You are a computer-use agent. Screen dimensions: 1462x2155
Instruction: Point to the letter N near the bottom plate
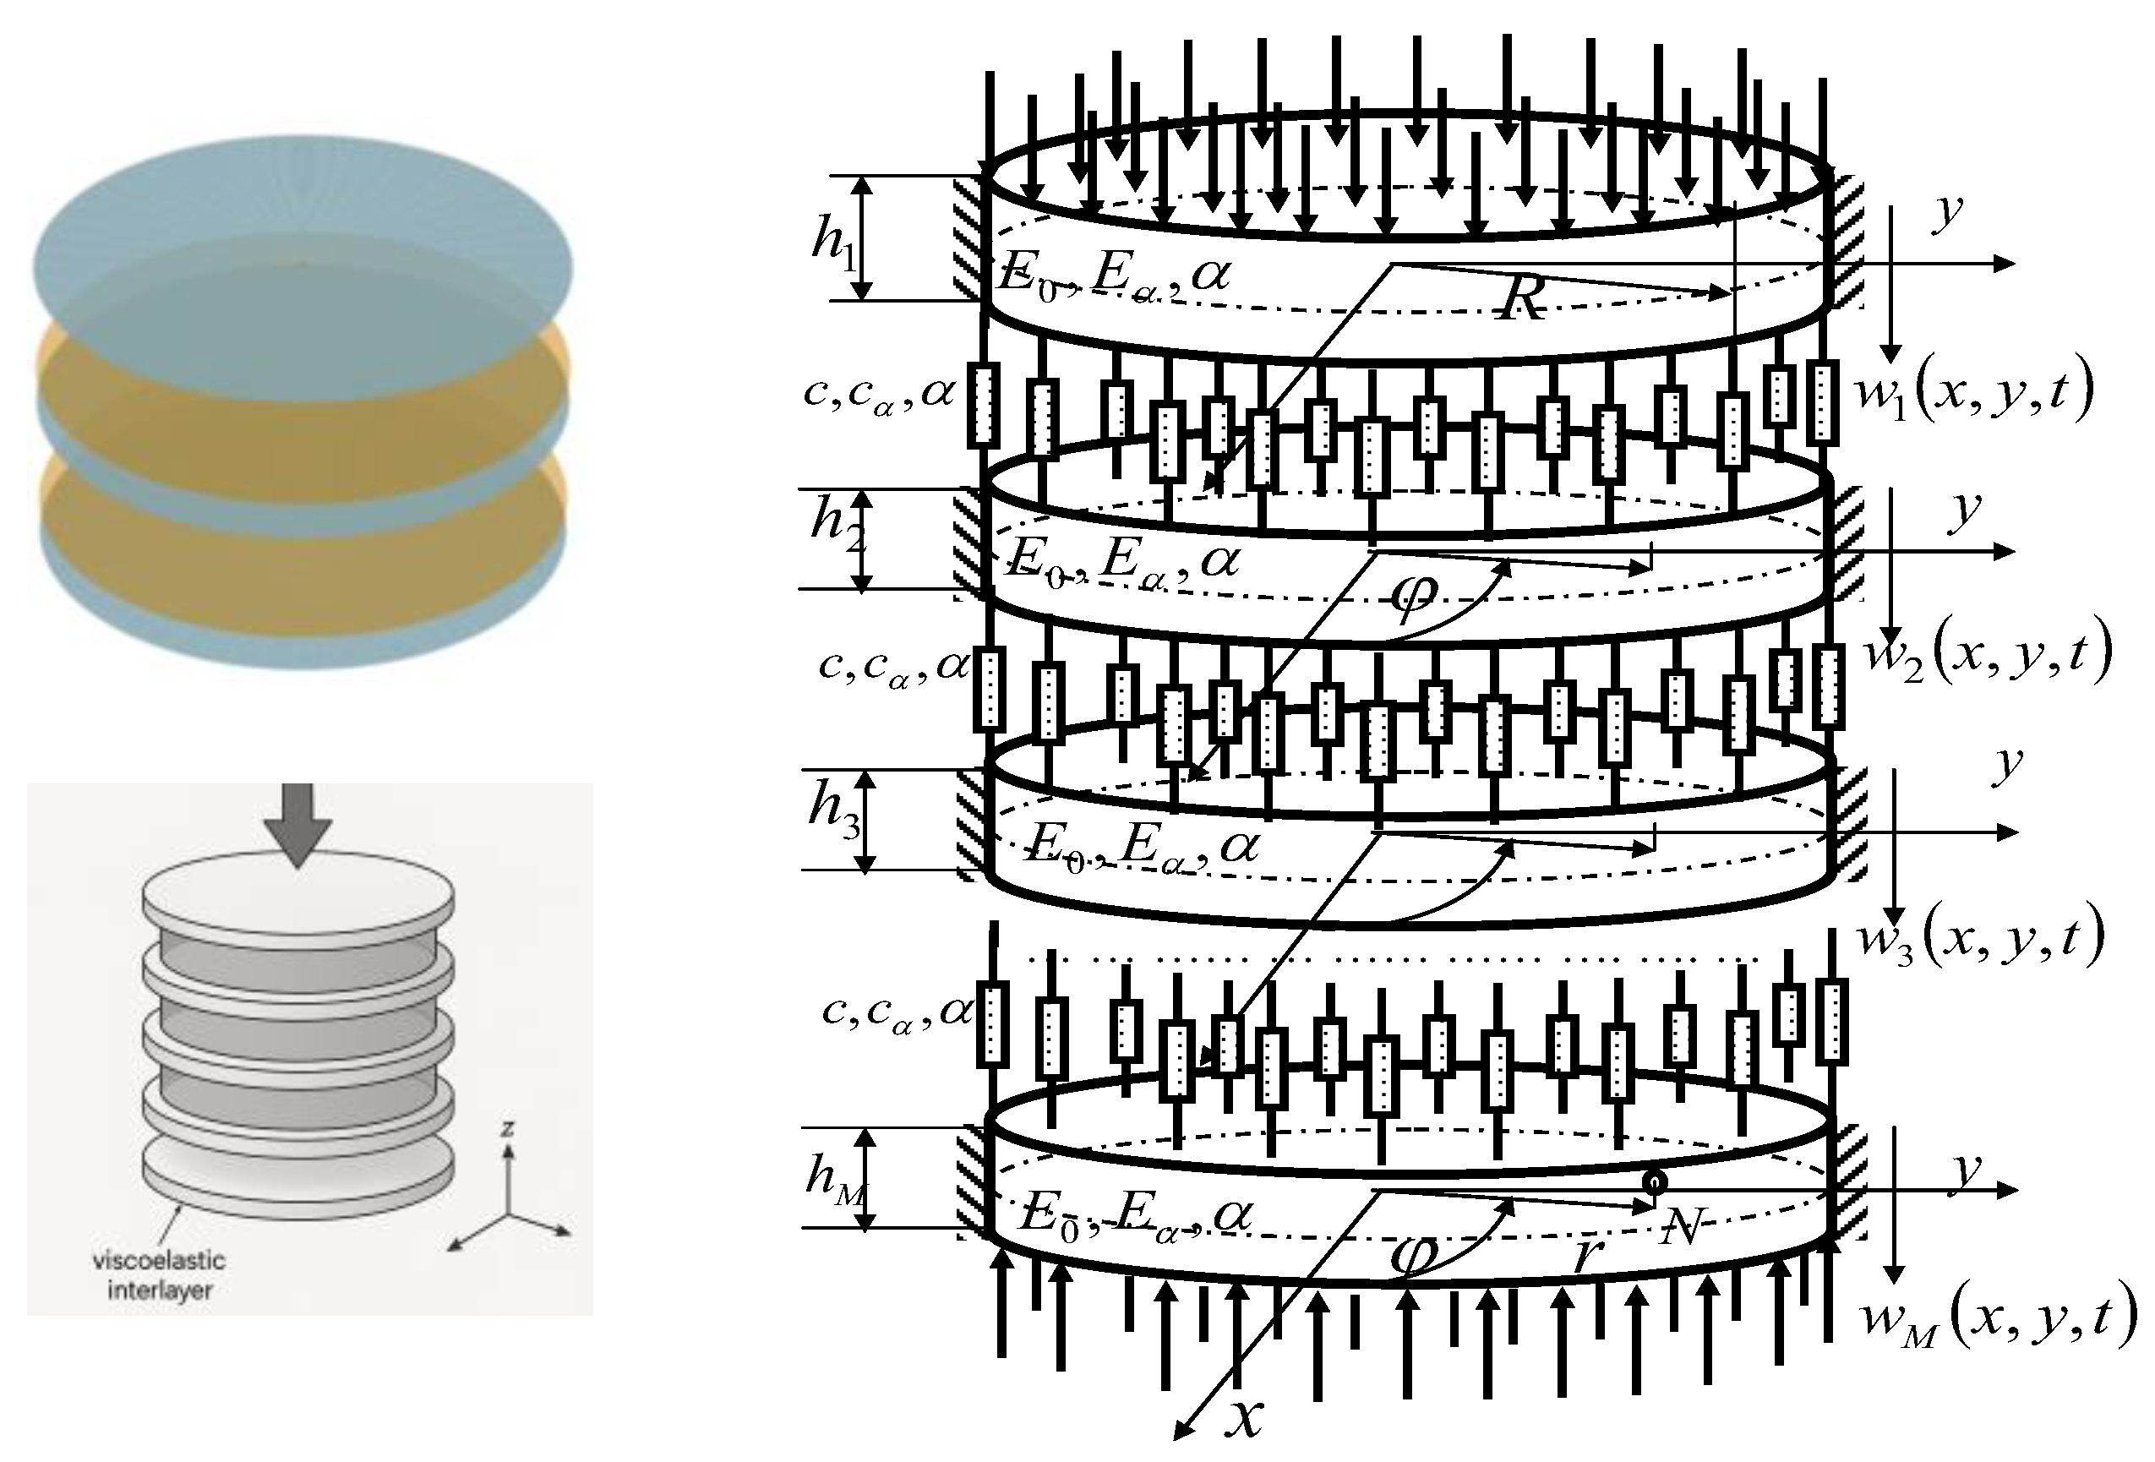coord(1680,1229)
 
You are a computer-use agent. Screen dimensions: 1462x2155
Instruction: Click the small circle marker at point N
coord(1654,1182)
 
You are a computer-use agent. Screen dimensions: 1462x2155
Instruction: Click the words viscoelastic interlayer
coord(159,1274)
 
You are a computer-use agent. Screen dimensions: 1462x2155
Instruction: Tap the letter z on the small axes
coord(507,1128)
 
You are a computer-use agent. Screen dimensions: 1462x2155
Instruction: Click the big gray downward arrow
coord(297,824)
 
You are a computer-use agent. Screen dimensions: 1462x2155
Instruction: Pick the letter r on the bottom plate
coord(1587,1254)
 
